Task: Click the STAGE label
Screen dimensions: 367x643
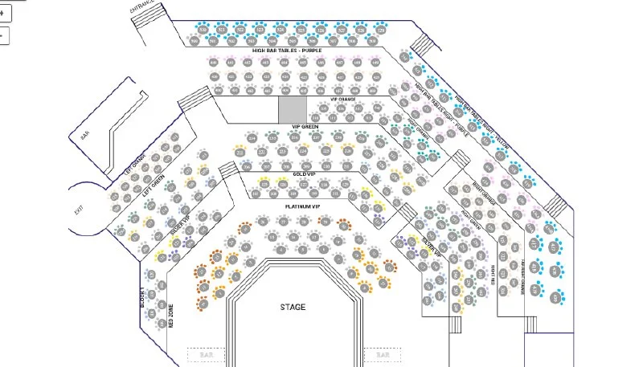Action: coord(293,307)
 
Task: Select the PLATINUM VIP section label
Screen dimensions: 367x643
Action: coord(302,206)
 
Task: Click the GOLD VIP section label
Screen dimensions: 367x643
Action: coord(304,173)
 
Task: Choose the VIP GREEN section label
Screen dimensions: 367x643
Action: coord(306,126)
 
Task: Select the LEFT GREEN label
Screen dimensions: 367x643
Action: coord(153,189)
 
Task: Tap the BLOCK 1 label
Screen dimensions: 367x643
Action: coord(143,300)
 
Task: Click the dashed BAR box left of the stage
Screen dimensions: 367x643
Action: coord(207,354)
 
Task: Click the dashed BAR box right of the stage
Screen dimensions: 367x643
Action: coord(382,354)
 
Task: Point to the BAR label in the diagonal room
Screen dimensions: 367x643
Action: coord(84,136)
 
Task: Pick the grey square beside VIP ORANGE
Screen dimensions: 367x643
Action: coord(293,108)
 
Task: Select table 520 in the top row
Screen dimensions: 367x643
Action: coord(203,30)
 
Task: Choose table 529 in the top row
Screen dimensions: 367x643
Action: coord(381,30)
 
